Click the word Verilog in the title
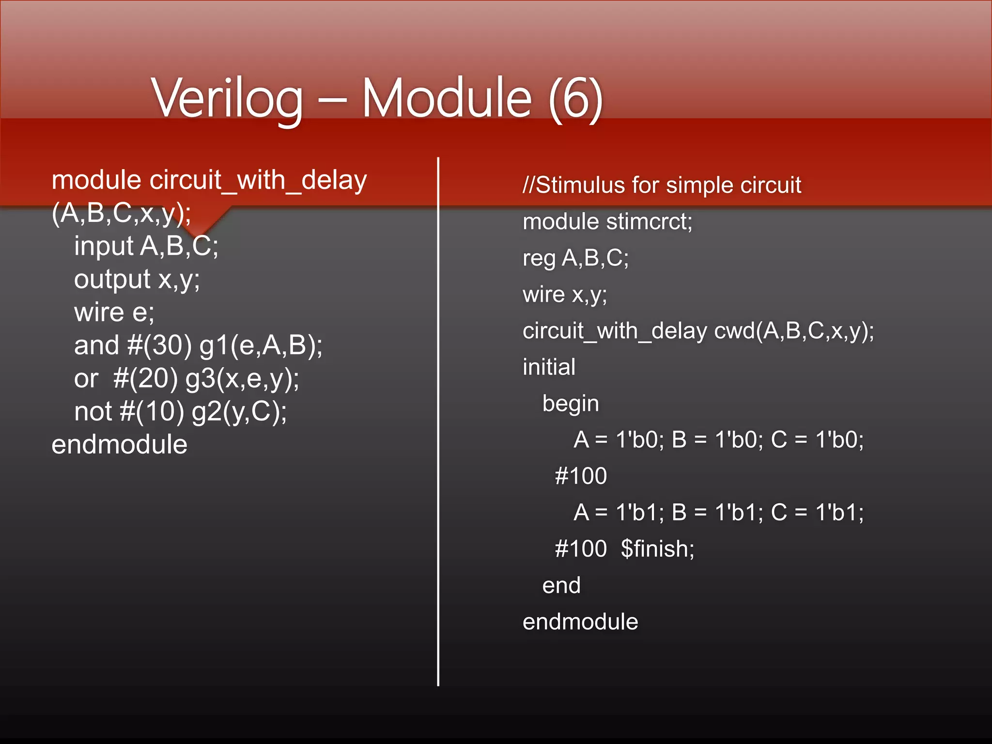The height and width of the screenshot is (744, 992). [228, 99]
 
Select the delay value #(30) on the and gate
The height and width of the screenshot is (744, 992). [159, 346]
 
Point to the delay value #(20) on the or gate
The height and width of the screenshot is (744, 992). [146, 379]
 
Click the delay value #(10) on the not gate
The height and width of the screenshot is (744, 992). [152, 412]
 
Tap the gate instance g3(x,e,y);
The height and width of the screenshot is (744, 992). [242, 379]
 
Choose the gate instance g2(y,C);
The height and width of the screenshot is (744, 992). [239, 412]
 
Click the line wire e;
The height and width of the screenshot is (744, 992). [114, 312]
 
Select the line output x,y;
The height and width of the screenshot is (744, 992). [137, 279]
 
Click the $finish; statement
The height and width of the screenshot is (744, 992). [657, 549]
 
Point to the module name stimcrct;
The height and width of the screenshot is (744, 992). [649, 222]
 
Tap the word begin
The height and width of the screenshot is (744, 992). [571, 403]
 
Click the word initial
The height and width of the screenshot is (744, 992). [549, 367]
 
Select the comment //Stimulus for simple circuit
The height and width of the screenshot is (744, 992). [662, 185]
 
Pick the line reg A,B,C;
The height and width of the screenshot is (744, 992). [575, 258]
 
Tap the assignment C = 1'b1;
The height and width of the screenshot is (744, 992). [817, 512]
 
